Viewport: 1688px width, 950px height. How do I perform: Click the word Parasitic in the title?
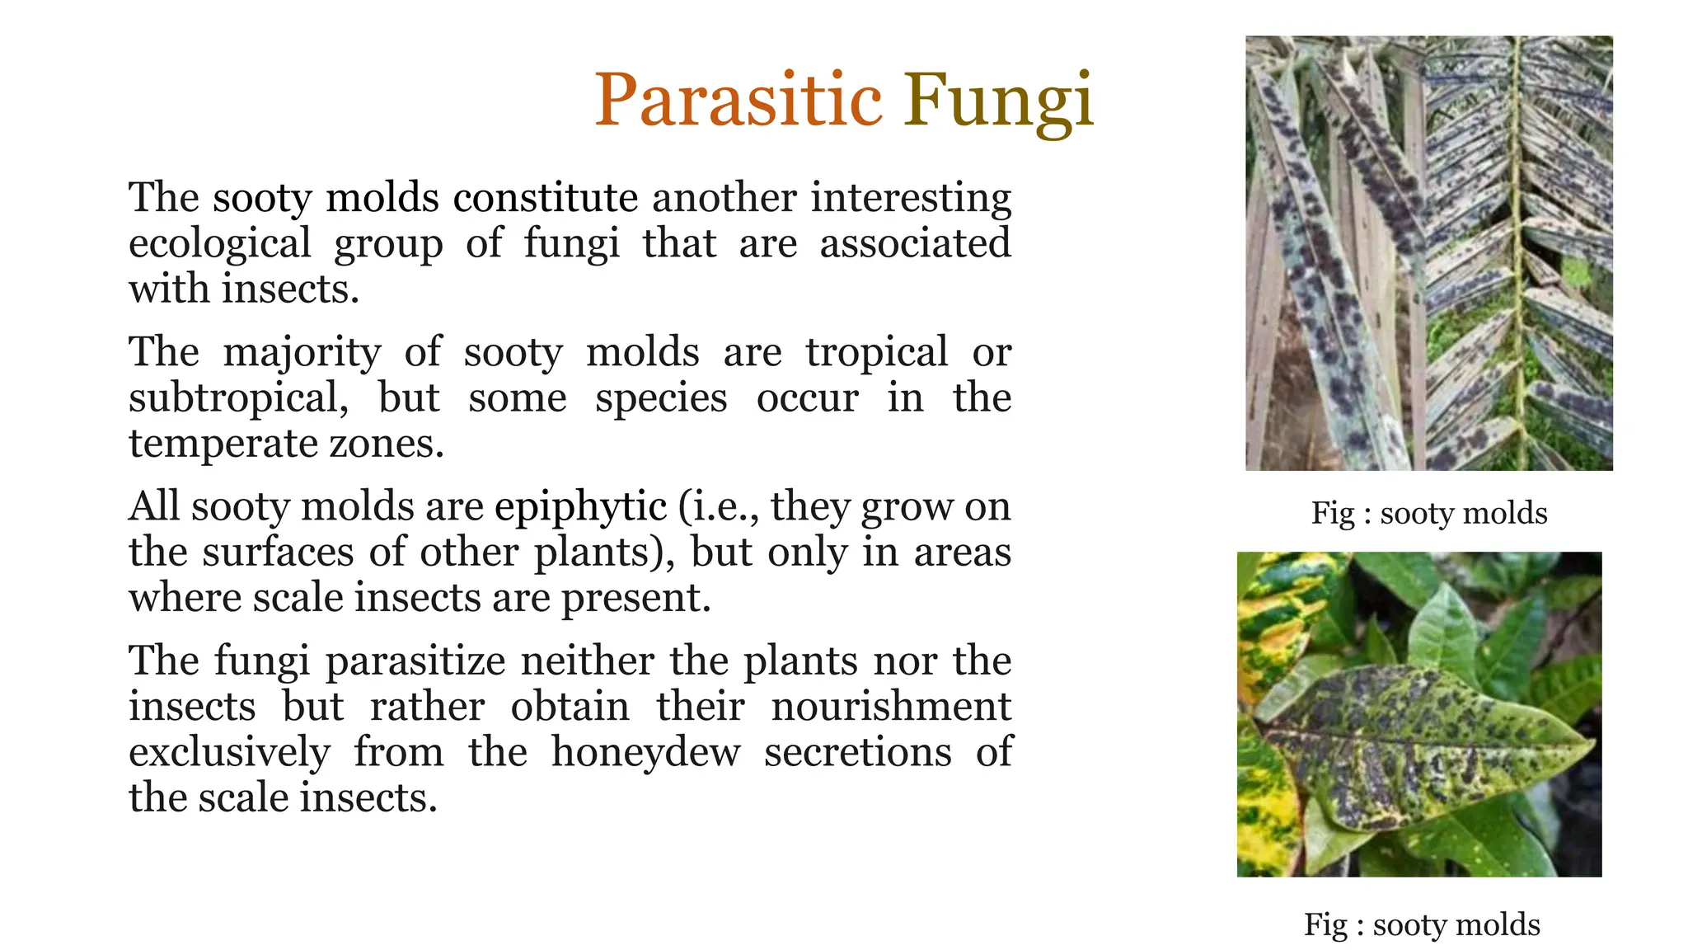pyautogui.click(x=738, y=101)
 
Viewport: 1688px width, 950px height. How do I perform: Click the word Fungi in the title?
pyautogui.click(x=998, y=101)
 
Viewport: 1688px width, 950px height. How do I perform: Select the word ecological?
pyautogui.click(x=219, y=244)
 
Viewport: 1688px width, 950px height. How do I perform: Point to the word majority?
pyautogui.click(x=302, y=353)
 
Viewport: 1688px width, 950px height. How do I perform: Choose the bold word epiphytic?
pyautogui.click(x=580, y=507)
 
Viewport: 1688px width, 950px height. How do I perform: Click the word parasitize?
pyautogui.click(x=415, y=661)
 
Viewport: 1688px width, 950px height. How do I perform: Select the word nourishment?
pyautogui.click(x=890, y=707)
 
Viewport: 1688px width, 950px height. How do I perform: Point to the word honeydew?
pyautogui.click(x=645, y=752)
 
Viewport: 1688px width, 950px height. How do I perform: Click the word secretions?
pyautogui.click(x=857, y=752)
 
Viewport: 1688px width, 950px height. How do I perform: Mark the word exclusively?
pyautogui.click(x=229, y=752)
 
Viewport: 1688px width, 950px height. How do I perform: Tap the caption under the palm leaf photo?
pyautogui.click(x=1428, y=513)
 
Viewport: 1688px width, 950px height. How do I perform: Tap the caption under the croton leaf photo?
pyautogui.click(x=1421, y=924)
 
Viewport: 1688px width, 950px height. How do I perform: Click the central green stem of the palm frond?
pyautogui.click(x=1517, y=247)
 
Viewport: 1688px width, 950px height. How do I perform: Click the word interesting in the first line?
pyautogui.click(x=910, y=198)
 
